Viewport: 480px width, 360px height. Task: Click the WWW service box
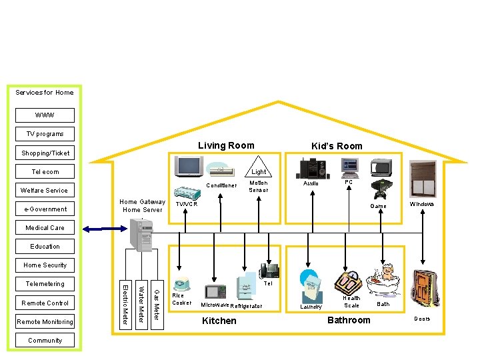45,115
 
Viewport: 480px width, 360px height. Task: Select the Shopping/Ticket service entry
45,153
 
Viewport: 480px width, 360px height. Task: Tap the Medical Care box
45,227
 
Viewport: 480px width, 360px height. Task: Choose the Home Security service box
45,265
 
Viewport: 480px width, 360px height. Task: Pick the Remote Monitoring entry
45,321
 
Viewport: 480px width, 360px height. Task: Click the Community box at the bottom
45,340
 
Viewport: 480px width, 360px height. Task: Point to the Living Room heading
226,145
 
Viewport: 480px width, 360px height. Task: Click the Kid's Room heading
337,146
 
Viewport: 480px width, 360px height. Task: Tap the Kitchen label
219,321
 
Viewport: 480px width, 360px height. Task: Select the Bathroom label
348,320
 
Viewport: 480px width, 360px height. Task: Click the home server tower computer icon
144,236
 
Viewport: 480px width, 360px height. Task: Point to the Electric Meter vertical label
125,305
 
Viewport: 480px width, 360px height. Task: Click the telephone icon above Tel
269,271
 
